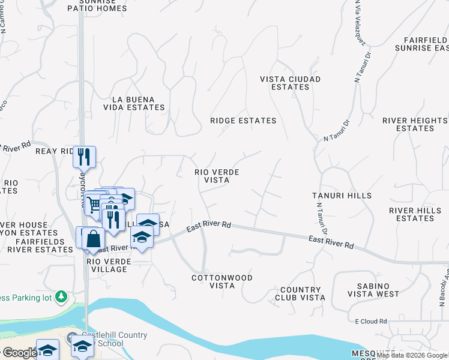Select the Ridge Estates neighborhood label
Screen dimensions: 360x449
point(243,121)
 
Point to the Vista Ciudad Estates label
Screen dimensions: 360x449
point(290,83)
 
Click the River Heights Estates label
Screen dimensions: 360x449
point(415,124)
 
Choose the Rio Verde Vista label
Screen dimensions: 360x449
point(217,176)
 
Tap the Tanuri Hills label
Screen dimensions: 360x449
point(342,196)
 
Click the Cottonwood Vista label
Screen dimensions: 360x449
point(221,281)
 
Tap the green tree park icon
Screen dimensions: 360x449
point(61,296)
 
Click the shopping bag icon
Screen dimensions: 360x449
point(94,238)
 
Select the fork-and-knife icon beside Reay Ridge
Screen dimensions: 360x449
point(84,157)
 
